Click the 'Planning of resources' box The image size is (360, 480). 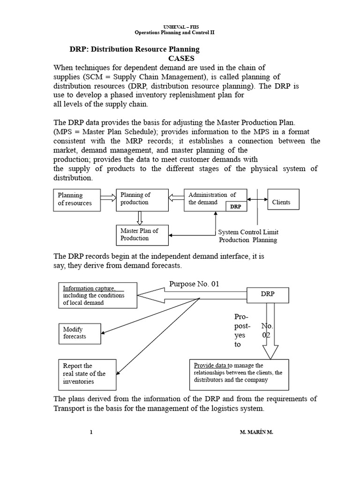click(x=77, y=199)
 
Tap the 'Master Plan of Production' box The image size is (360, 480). click(x=142, y=234)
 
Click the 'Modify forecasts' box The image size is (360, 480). click(x=79, y=333)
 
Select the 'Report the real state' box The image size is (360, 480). click(x=87, y=374)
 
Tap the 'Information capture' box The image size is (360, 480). click(x=97, y=295)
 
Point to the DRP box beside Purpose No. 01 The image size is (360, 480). click(x=268, y=294)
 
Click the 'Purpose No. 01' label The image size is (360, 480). click(x=194, y=284)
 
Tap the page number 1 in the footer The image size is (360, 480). click(x=91, y=433)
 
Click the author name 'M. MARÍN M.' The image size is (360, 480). click(x=255, y=433)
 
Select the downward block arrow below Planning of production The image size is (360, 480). click(x=139, y=217)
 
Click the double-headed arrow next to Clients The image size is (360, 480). click(x=257, y=199)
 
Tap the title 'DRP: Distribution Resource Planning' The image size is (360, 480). click(x=135, y=49)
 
